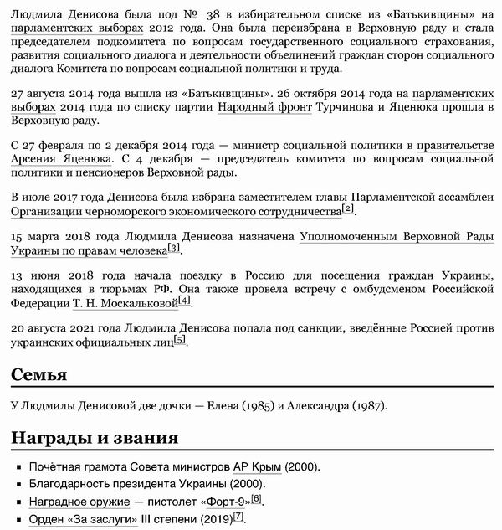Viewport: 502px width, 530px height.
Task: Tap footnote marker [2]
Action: click(348, 208)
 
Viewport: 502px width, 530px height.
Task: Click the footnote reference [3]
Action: click(173, 249)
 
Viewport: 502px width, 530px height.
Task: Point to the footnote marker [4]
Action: click(184, 300)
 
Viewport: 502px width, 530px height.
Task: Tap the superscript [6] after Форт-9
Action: click(256, 499)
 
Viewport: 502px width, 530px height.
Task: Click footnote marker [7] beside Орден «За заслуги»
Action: click(238, 516)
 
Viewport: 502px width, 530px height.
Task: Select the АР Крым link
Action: click(258, 467)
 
